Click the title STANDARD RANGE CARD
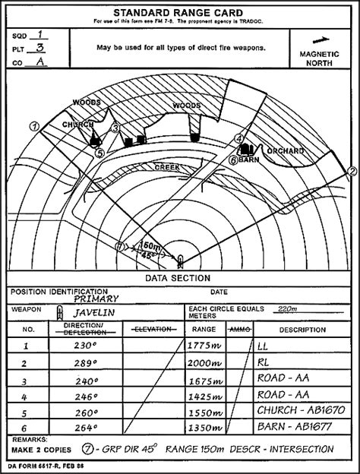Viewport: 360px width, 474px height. pyautogui.click(x=179, y=13)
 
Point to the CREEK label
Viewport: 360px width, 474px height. pyautogui.click(x=166, y=166)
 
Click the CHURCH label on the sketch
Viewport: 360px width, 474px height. pyautogui.click(x=77, y=124)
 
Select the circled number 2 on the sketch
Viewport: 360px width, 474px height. pyautogui.click(x=352, y=170)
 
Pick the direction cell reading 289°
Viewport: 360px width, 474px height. pyautogui.click(x=85, y=363)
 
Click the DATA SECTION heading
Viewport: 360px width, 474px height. pyautogui.click(x=179, y=279)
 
